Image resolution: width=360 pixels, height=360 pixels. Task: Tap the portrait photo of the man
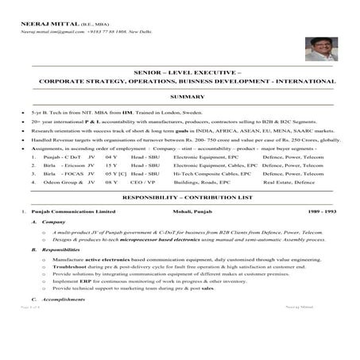(x=321, y=50)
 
